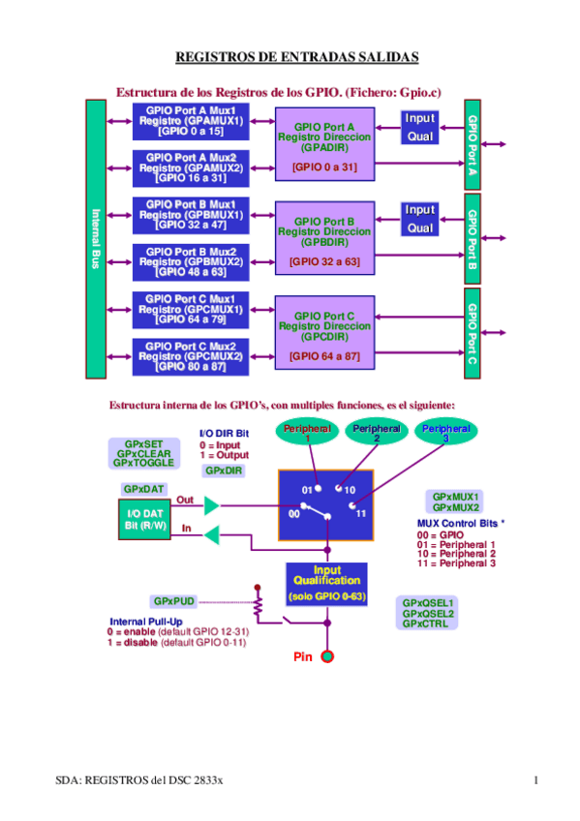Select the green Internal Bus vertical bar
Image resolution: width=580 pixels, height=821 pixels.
[95, 238]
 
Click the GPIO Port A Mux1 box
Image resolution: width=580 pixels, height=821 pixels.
[190, 121]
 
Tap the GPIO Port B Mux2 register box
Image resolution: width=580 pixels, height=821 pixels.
[190, 261]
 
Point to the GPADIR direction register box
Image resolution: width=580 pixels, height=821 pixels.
[323, 145]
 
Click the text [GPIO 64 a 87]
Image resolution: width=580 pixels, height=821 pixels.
[323, 355]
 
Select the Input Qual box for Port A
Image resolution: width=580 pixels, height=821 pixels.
[419, 128]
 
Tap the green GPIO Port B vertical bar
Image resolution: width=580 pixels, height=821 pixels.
[473, 238]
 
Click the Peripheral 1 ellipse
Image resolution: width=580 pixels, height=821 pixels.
[307, 432]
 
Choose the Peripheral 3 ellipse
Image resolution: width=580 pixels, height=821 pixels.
[446, 432]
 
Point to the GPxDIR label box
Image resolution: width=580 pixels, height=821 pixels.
[224, 471]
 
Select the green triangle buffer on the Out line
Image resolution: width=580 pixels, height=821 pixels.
[212, 504]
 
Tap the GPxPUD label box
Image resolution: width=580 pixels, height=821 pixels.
[174, 601]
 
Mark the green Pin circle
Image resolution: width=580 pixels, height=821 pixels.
[327, 657]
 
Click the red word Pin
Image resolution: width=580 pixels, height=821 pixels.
[303, 657]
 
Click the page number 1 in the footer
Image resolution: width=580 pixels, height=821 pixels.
[535, 780]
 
